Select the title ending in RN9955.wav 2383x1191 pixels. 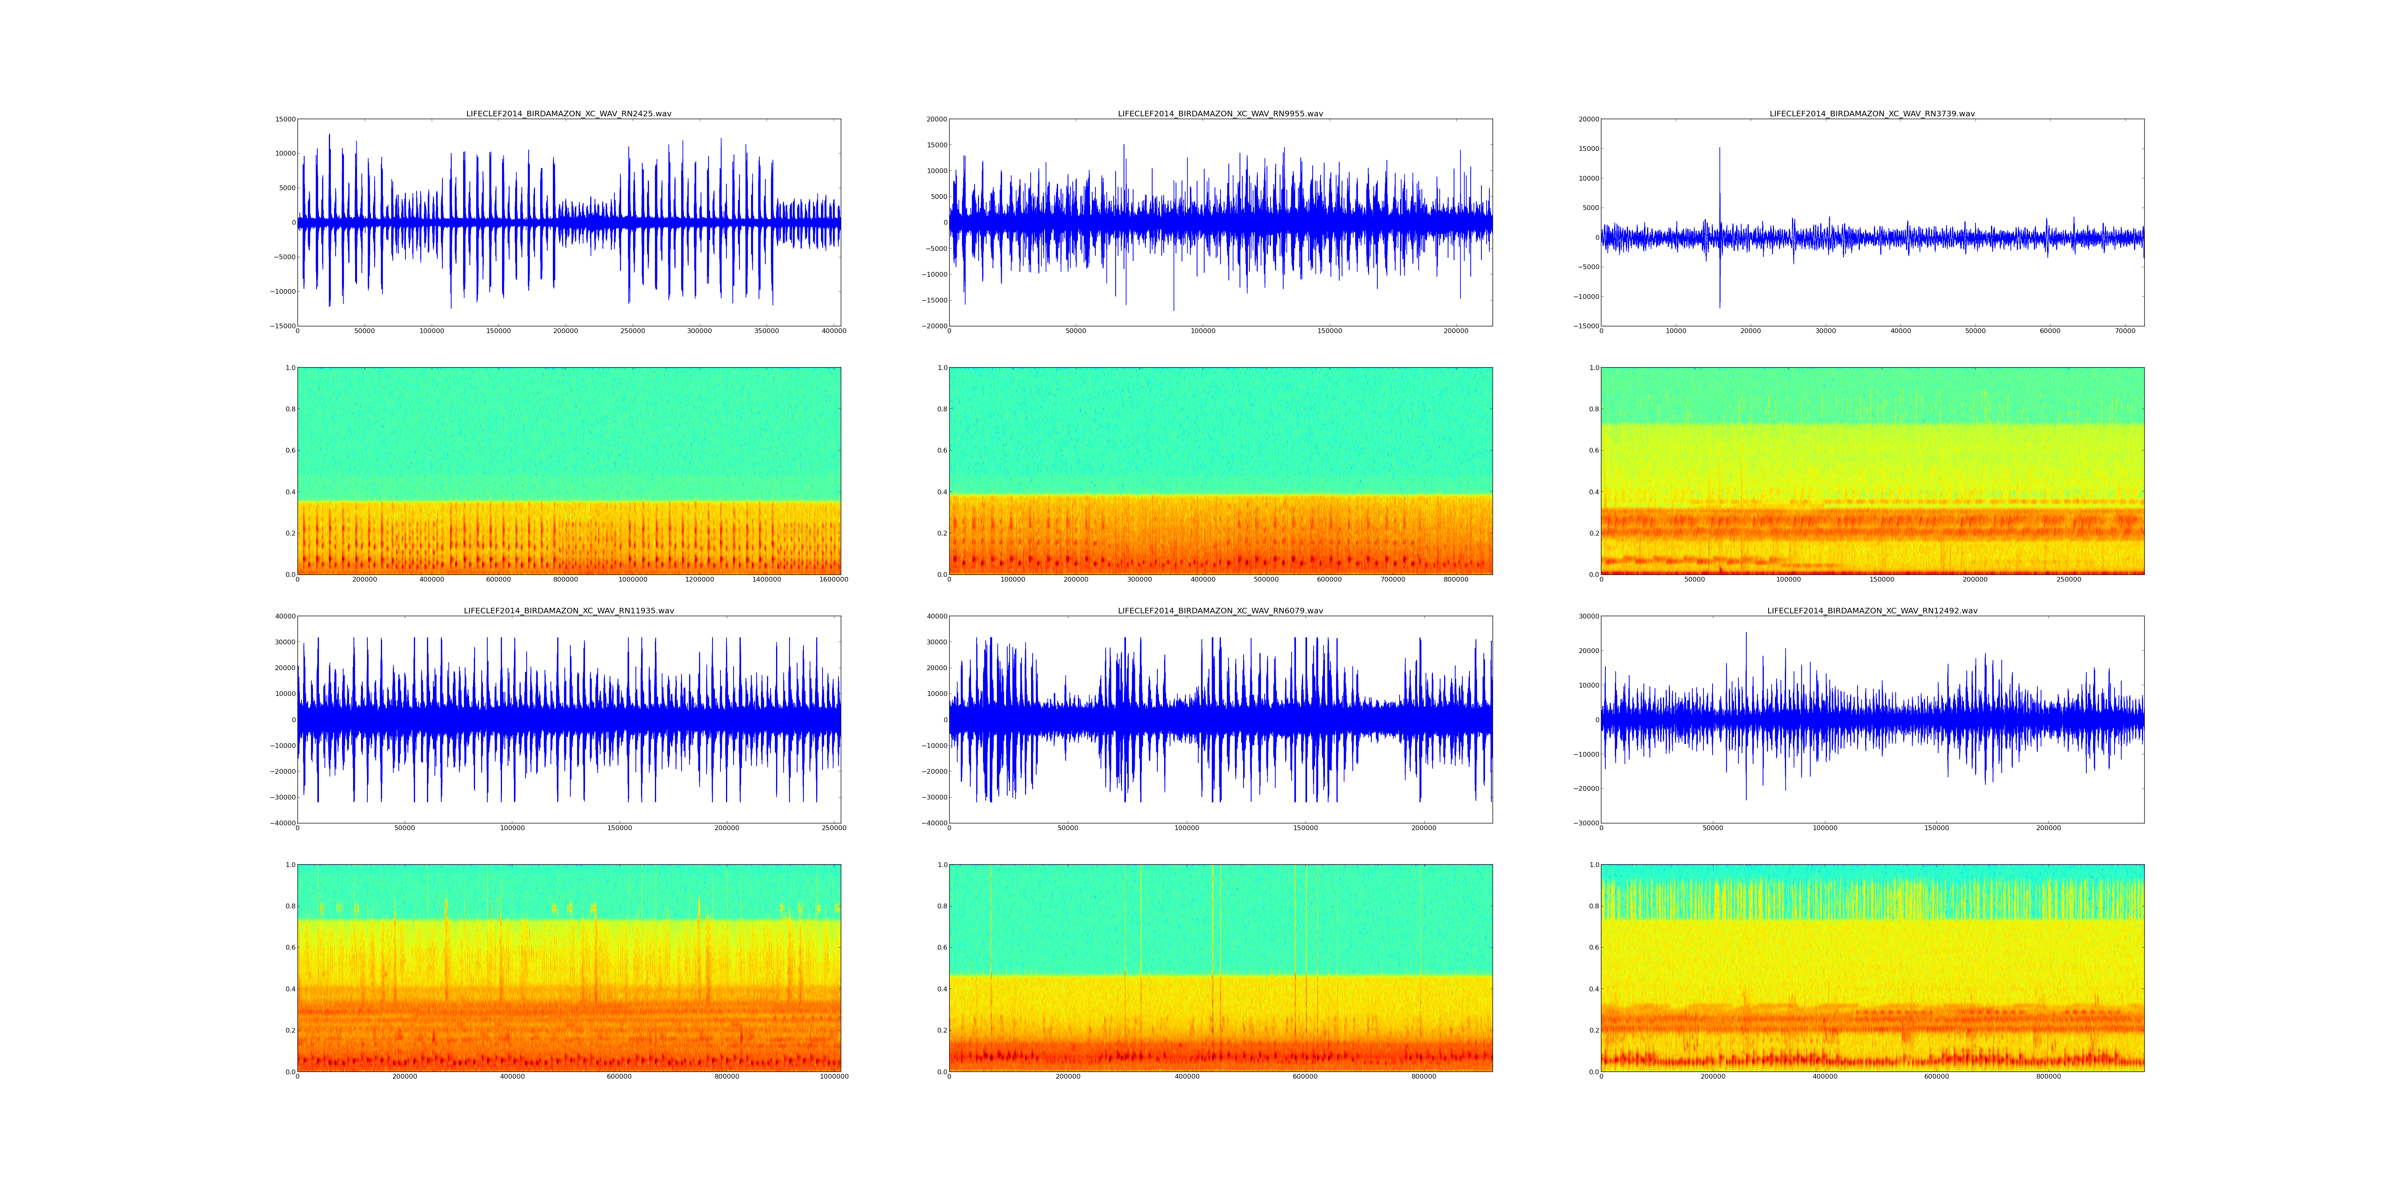(x=1220, y=114)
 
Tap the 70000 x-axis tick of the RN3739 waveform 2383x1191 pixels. (x=2125, y=331)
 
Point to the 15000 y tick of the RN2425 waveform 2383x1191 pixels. (x=283, y=119)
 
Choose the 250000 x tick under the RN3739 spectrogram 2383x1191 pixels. (x=2068, y=580)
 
